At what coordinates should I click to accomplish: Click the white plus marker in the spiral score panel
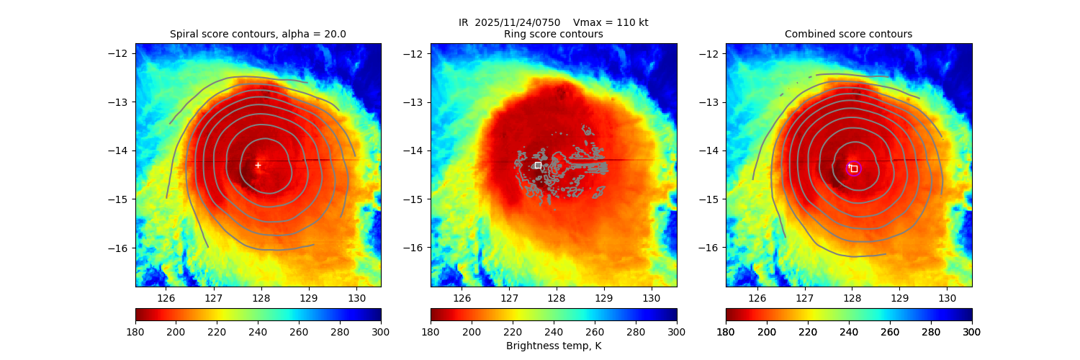pyautogui.click(x=258, y=166)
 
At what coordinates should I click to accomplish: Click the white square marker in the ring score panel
pyautogui.click(x=538, y=165)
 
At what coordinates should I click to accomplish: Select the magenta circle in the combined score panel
pyautogui.click(x=854, y=168)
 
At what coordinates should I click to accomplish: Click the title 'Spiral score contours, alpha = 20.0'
pyautogui.click(x=258, y=34)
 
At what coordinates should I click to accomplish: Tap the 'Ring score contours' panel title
pyautogui.click(x=553, y=34)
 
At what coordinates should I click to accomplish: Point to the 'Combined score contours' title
pyautogui.click(x=848, y=34)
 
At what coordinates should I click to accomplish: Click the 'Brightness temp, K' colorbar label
pyautogui.click(x=553, y=346)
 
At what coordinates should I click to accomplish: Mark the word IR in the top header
pyautogui.click(x=464, y=22)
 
